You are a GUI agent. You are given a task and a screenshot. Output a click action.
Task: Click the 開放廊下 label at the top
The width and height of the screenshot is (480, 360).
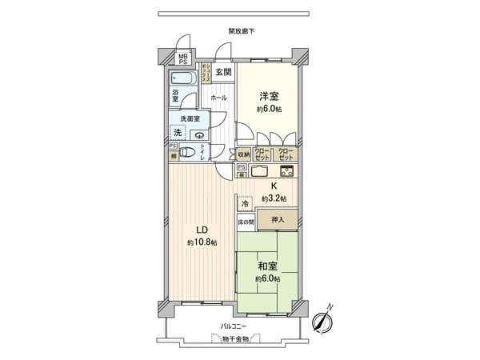(241, 31)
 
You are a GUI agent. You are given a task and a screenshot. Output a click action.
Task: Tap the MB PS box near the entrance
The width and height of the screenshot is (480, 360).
(183, 59)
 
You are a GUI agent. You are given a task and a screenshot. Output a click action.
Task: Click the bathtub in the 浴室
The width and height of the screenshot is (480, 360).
(183, 80)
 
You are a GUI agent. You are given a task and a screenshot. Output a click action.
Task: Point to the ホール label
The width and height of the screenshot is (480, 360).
(218, 98)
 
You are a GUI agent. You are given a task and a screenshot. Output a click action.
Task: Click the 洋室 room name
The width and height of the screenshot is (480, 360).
(267, 94)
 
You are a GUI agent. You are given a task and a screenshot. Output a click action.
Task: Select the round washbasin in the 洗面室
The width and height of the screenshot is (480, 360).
(198, 135)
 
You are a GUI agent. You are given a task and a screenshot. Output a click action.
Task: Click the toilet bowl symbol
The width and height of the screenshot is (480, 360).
(187, 153)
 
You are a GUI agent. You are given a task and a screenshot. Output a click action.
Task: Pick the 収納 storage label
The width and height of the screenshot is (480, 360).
(244, 154)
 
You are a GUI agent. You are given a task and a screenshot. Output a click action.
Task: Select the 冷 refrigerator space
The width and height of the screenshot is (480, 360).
(245, 204)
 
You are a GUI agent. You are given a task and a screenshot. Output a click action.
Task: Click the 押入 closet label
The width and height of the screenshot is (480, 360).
(276, 219)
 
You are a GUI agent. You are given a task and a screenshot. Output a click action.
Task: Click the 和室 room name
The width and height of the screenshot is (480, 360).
(268, 265)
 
